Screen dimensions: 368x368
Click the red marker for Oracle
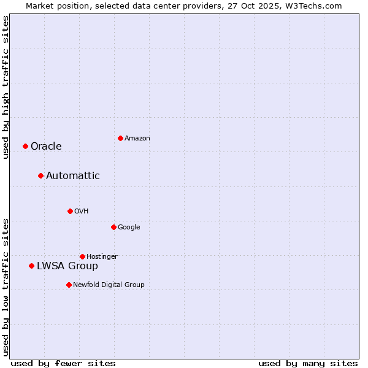pos(25,146)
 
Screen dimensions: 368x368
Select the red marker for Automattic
pos(40,176)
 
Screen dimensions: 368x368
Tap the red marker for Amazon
pos(120,138)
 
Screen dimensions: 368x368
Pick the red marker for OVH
pos(70,211)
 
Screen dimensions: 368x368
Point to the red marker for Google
pos(113,227)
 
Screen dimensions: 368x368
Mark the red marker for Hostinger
pos(82,256)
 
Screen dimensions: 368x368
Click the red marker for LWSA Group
pos(31,266)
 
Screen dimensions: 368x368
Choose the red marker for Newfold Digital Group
pos(69,285)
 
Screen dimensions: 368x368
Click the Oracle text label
pos(46,146)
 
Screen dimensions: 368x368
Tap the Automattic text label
pos(72,176)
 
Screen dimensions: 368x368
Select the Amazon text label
pos(137,138)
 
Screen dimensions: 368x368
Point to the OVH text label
pos(82,211)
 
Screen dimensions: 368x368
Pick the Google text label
pos(129,227)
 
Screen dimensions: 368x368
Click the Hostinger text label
pos(102,256)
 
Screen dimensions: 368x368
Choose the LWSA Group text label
pos(67,266)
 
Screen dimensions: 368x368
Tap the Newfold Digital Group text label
pos(109,285)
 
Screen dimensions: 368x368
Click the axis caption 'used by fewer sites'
pos(63,363)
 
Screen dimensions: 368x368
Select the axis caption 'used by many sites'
pos(308,363)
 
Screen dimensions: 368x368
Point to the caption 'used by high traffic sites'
pos(6,88)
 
